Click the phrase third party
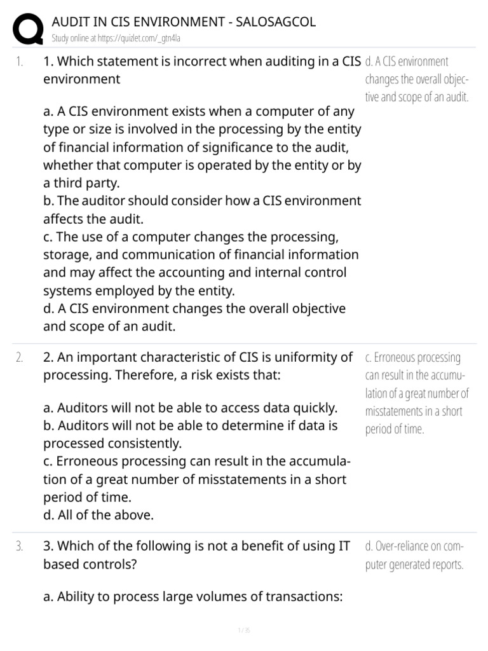[x=83, y=183]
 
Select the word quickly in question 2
[x=313, y=408]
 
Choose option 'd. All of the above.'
[x=98, y=515]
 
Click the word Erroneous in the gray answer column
[x=401, y=357]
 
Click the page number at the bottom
[x=244, y=631]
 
